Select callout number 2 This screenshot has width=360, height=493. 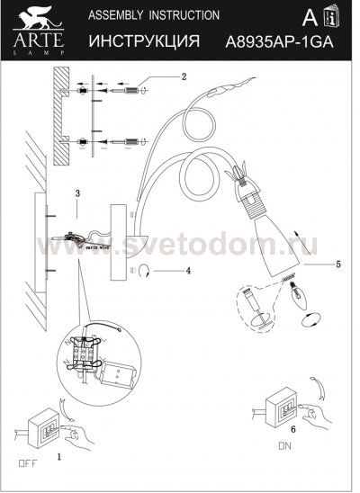pos(183,76)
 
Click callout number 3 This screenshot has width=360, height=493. pos(78,193)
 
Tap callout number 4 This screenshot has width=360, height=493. pos(187,269)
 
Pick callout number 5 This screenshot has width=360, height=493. pos(337,264)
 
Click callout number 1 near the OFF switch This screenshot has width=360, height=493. pos(59,457)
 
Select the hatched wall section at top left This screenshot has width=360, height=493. pos(60,116)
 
